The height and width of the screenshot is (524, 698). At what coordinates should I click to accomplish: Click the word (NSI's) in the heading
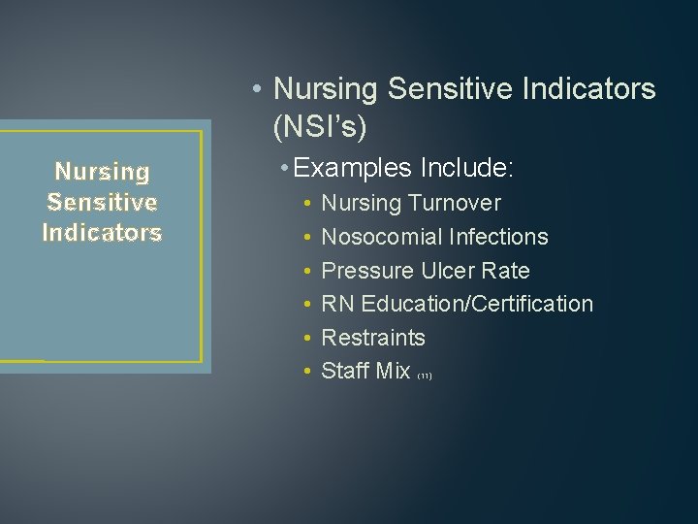pos(321,127)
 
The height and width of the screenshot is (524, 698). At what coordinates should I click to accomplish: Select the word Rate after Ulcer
pos(507,271)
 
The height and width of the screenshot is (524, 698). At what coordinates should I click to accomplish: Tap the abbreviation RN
pos(337,304)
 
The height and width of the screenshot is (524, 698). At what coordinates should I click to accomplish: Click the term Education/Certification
pos(477,304)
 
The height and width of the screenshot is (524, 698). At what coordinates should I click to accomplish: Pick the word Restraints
pos(372,338)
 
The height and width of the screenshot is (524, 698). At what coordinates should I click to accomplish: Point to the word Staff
pos(344,371)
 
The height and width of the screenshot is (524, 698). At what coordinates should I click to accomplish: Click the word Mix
pos(392,371)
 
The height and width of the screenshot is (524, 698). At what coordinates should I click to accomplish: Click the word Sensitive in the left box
pos(102,202)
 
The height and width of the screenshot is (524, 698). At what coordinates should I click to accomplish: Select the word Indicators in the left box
pos(102,233)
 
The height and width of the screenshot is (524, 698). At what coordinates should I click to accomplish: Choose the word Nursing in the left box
pos(102,172)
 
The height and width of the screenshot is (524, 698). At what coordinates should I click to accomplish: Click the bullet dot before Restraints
pos(306,339)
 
